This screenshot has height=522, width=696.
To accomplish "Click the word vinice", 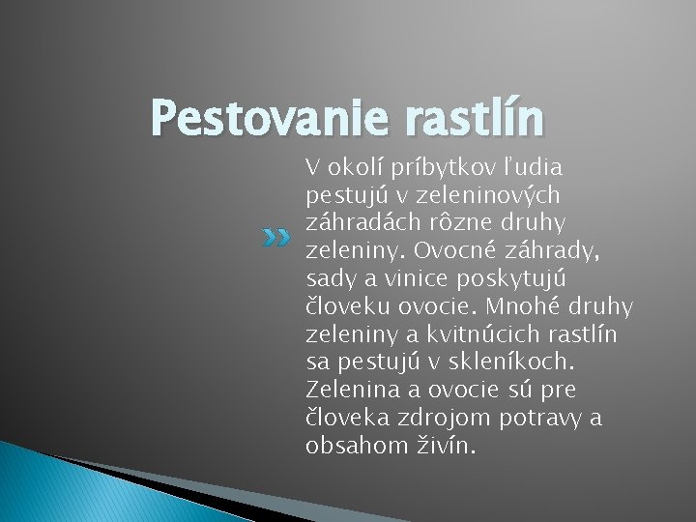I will coord(416,279).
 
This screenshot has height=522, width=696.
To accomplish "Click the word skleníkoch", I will coord(520,363).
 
